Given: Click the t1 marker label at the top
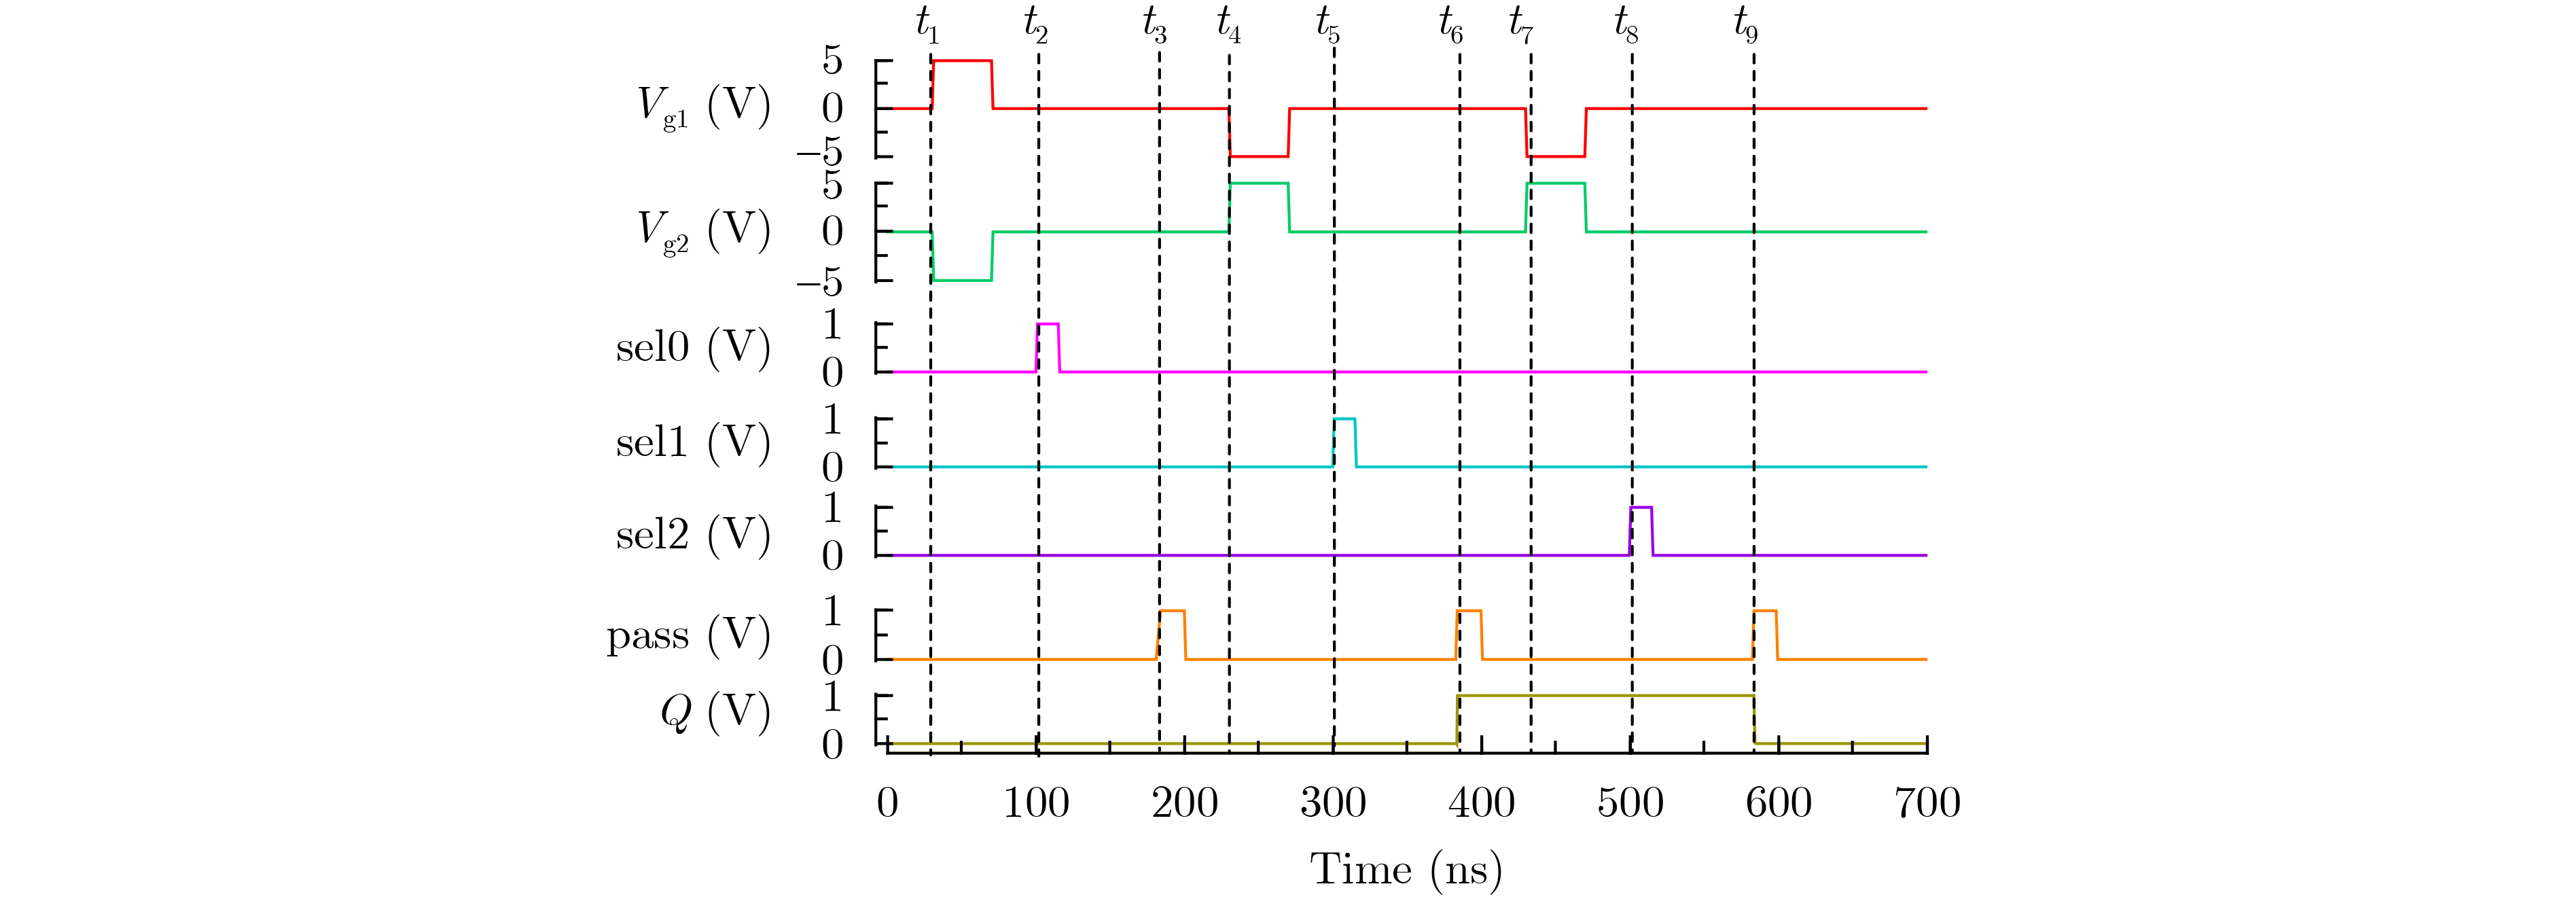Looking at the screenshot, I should coord(927,24).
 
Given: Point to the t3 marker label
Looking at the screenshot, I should coord(1154,24).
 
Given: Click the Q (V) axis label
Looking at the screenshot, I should coord(715,713).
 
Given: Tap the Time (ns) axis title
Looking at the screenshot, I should coord(1406,869).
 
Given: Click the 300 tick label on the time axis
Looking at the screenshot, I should coord(1333,803).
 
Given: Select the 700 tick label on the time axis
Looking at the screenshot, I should coord(1927,803).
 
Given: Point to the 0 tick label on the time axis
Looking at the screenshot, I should coord(887,803).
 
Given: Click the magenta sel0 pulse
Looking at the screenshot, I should coord(1048,326).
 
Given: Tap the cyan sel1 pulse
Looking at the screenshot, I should coord(1344,421).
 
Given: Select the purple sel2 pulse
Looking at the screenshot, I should coord(1641,510).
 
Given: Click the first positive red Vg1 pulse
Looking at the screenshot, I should coord(962,62).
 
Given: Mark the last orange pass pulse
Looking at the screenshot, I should coord(1764,612).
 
